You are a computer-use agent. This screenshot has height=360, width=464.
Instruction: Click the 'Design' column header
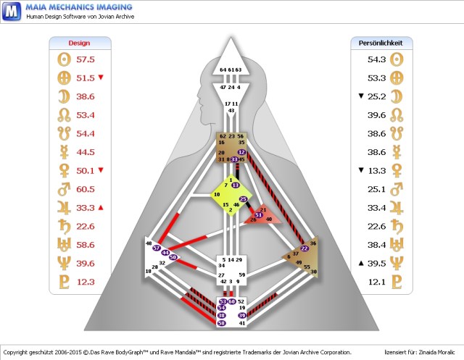79,43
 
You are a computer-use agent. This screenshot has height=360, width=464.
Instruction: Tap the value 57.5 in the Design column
86,59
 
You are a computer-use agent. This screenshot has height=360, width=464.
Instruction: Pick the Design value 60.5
86,190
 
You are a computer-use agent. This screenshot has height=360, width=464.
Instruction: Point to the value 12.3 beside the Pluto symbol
86,282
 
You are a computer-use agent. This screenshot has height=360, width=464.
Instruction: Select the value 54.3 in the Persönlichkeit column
376,59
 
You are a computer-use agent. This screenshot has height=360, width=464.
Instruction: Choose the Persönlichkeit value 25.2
376,96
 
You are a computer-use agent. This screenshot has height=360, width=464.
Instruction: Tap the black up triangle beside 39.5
360,264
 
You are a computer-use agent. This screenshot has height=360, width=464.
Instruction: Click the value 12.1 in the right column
376,282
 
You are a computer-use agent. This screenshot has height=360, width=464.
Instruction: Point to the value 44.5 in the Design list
86,152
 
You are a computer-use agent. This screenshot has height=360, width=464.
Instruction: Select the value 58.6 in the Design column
86,246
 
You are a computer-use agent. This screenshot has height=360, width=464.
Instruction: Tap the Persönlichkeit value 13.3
376,171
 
